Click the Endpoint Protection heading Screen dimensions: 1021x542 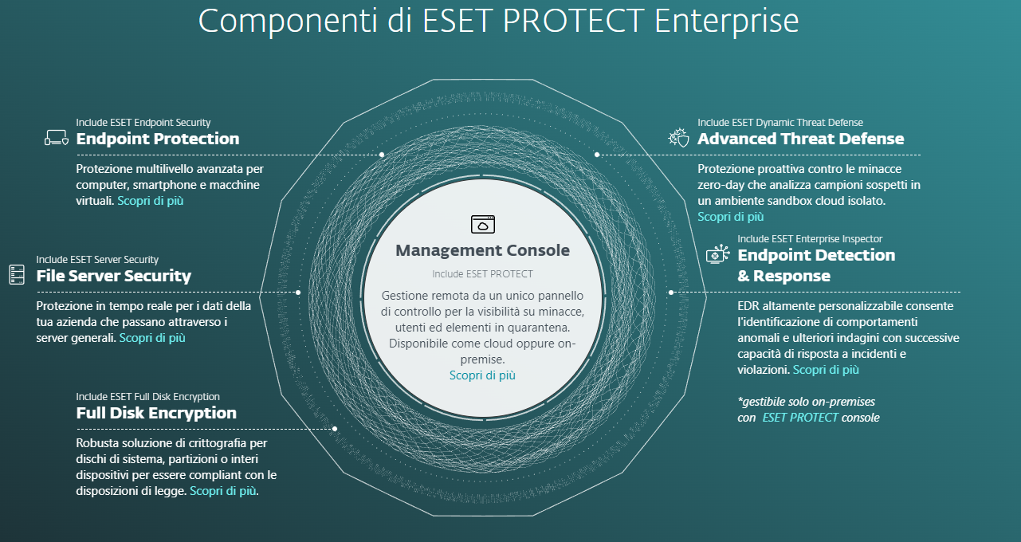pos(158,139)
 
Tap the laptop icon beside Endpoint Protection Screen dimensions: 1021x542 pos(57,138)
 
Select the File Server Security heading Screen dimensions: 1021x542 pos(114,276)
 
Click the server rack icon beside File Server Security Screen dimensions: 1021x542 pos(17,275)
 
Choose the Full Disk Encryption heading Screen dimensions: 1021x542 pos(156,413)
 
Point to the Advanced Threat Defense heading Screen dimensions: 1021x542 pos(801,139)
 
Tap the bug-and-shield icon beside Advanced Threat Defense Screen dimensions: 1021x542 pos(679,138)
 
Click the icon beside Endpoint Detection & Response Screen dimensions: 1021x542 pos(718,255)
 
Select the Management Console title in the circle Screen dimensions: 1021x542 pos(483,250)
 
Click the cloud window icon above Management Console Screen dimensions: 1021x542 pos(483,224)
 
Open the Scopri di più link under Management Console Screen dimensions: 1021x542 pos(482,375)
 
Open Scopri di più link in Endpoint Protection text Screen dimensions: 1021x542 pos(151,201)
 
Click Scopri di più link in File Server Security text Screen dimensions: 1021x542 pos(152,338)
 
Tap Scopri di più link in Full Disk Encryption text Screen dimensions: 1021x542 pos(223,491)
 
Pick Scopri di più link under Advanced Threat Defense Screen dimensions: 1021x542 pos(731,217)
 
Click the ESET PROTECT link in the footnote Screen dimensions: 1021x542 pos(800,418)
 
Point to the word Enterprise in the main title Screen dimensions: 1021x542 pos(727,21)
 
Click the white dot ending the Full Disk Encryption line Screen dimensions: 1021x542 pos(335,429)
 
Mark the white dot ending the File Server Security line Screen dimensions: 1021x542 pos(298,293)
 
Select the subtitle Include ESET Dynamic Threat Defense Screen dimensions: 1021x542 pos(780,123)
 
